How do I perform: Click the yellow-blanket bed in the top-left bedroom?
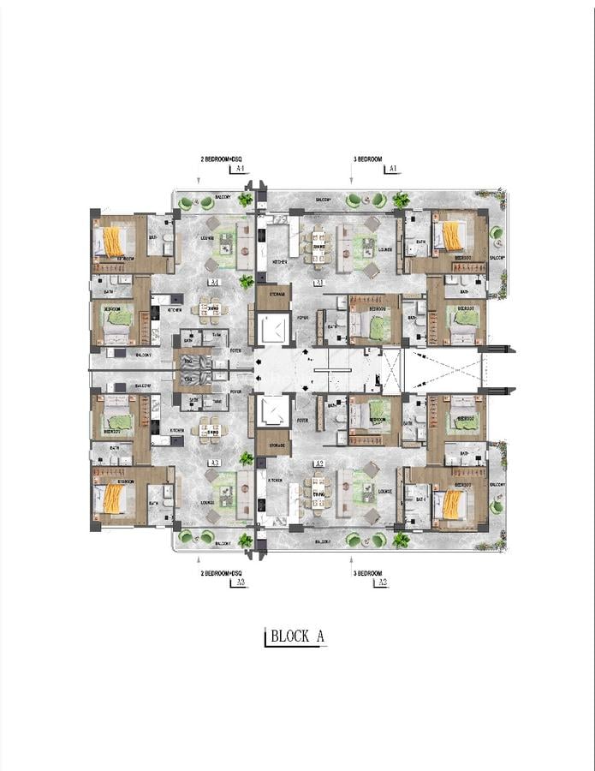click(x=113, y=241)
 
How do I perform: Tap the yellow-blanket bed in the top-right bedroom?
click(x=452, y=236)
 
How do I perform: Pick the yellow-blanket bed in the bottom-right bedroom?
click(x=452, y=504)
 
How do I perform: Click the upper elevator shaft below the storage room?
click(x=274, y=330)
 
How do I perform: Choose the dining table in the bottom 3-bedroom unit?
click(x=318, y=493)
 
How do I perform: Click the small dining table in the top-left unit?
click(x=211, y=310)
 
